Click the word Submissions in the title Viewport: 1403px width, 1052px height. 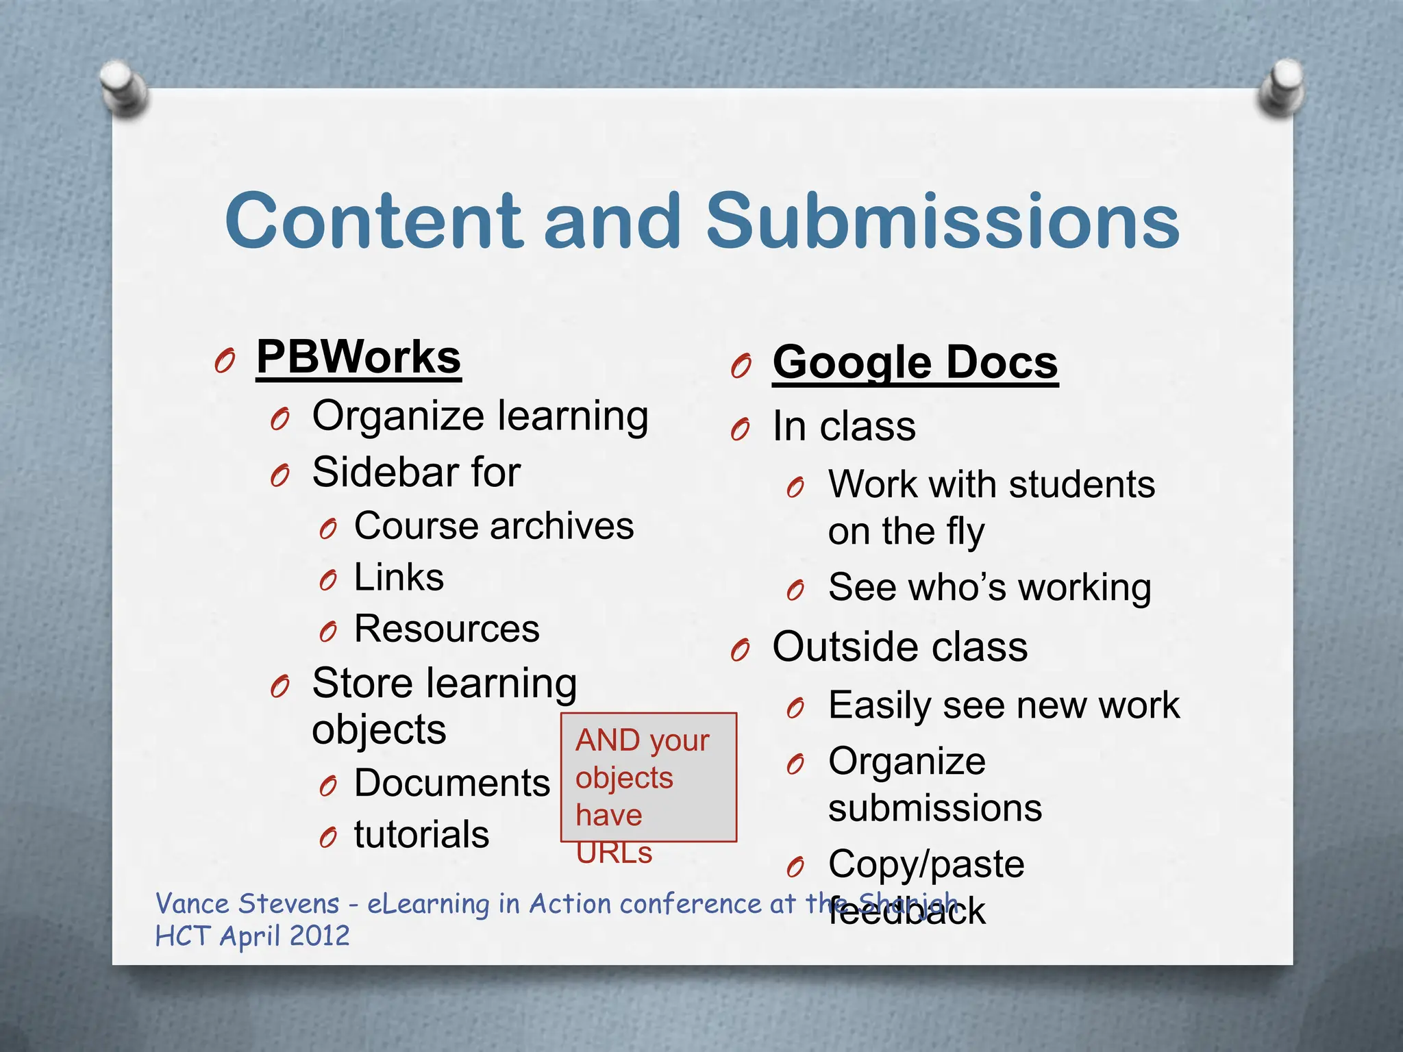point(942,221)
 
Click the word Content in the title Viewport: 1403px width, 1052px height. point(373,221)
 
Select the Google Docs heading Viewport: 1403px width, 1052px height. point(915,362)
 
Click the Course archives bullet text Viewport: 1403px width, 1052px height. point(493,526)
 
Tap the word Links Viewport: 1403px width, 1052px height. point(399,577)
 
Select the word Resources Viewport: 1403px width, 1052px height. point(447,629)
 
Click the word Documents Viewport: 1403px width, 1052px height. point(451,783)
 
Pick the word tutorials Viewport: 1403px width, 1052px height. point(421,835)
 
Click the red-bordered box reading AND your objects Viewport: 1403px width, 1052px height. point(648,777)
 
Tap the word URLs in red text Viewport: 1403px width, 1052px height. point(614,853)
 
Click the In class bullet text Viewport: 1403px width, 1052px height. point(844,427)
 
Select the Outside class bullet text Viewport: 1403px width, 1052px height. point(899,647)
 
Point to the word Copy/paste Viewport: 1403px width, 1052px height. point(926,864)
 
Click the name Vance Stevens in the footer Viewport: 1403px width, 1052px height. point(247,904)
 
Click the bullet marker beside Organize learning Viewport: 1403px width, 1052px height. point(280,418)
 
